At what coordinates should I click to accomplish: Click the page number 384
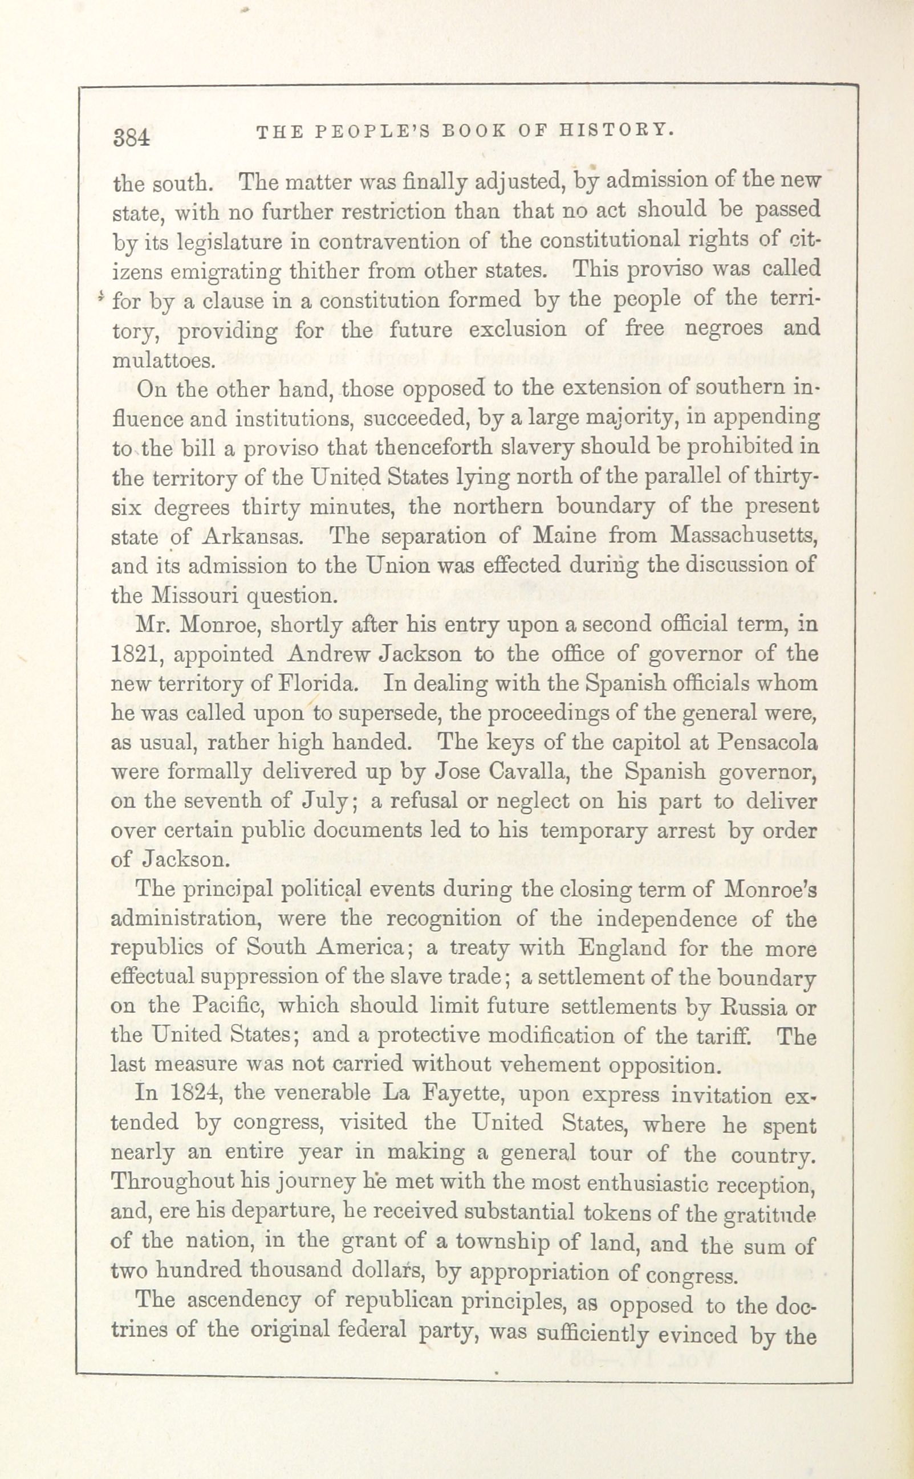click(x=131, y=137)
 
